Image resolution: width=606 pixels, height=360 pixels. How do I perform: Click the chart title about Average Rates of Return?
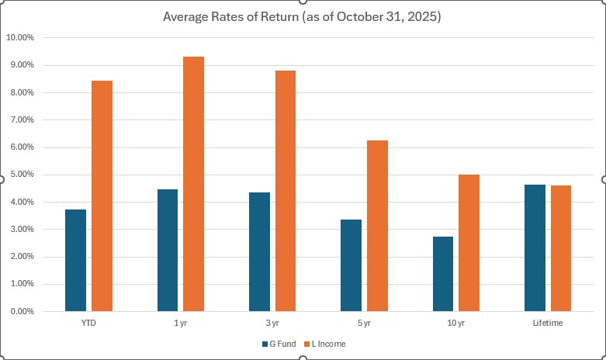pos(302,17)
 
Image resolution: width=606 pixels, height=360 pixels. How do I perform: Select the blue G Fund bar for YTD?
pos(75,261)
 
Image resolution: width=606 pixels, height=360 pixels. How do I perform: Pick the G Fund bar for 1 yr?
pos(167,251)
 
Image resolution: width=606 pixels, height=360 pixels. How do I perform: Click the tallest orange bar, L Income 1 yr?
pos(193,184)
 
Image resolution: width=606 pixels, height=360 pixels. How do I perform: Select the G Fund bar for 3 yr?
pos(259,252)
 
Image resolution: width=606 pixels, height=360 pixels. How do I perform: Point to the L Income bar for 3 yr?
pos(285,191)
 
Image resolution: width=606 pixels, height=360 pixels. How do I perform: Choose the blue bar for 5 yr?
pos(351,265)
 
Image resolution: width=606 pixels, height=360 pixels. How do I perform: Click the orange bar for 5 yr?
pos(377,226)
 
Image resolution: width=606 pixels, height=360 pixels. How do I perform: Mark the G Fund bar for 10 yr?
pos(442,274)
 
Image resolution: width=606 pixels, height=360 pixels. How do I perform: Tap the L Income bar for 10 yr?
pos(469,243)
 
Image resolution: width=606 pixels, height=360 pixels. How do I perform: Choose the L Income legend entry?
pos(329,343)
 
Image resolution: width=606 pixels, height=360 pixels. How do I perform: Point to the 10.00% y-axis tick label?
pos(19,37)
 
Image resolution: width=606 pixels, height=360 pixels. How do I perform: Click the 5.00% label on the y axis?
pos(21,175)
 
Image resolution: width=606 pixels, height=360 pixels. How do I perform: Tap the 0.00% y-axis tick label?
pos(21,311)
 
